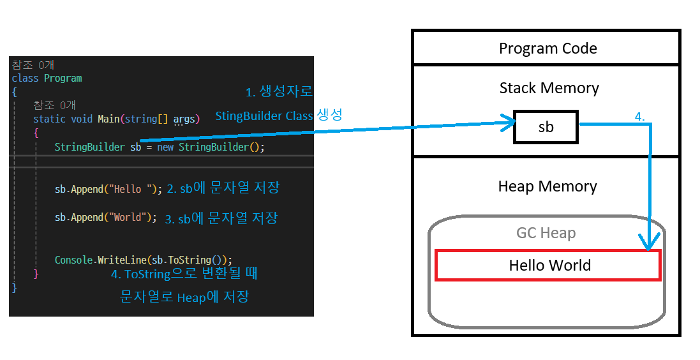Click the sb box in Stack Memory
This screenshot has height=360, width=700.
pyautogui.click(x=546, y=127)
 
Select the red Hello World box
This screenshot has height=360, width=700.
pyautogui.click(x=548, y=265)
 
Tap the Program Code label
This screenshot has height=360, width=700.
pyautogui.click(x=547, y=49)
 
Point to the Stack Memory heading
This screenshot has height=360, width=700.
pyautogui.click(x=549, y=87)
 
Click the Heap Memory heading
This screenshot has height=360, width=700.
pyautogui.click(x=547, y=186)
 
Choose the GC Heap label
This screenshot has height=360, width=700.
pyautogui.click(x=546, y=233)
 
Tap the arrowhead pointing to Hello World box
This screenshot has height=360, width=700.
pyautogui.click(x=651, y=244)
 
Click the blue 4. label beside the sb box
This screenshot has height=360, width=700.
pyautogui.click(x=639, y=117)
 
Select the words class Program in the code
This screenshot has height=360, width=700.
pyautogui.click(x=47, y=78)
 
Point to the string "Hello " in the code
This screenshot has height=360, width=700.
pyautogui.click(x=131, y=189)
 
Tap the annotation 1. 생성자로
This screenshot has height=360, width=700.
pyautogui.click(x=279, y=92)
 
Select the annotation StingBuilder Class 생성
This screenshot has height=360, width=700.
pyautogui.click(x=279, y=116)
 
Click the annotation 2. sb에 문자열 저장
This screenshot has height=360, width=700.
pyautogui.click(x=223, y=188)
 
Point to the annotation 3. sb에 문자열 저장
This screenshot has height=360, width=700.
pyautogui.click(x=221, y=218)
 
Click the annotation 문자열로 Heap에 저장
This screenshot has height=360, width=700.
pyautogui.click(x=184, y=297)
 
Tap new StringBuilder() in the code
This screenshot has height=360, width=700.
pyautogui.click(x=210, y=147)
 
